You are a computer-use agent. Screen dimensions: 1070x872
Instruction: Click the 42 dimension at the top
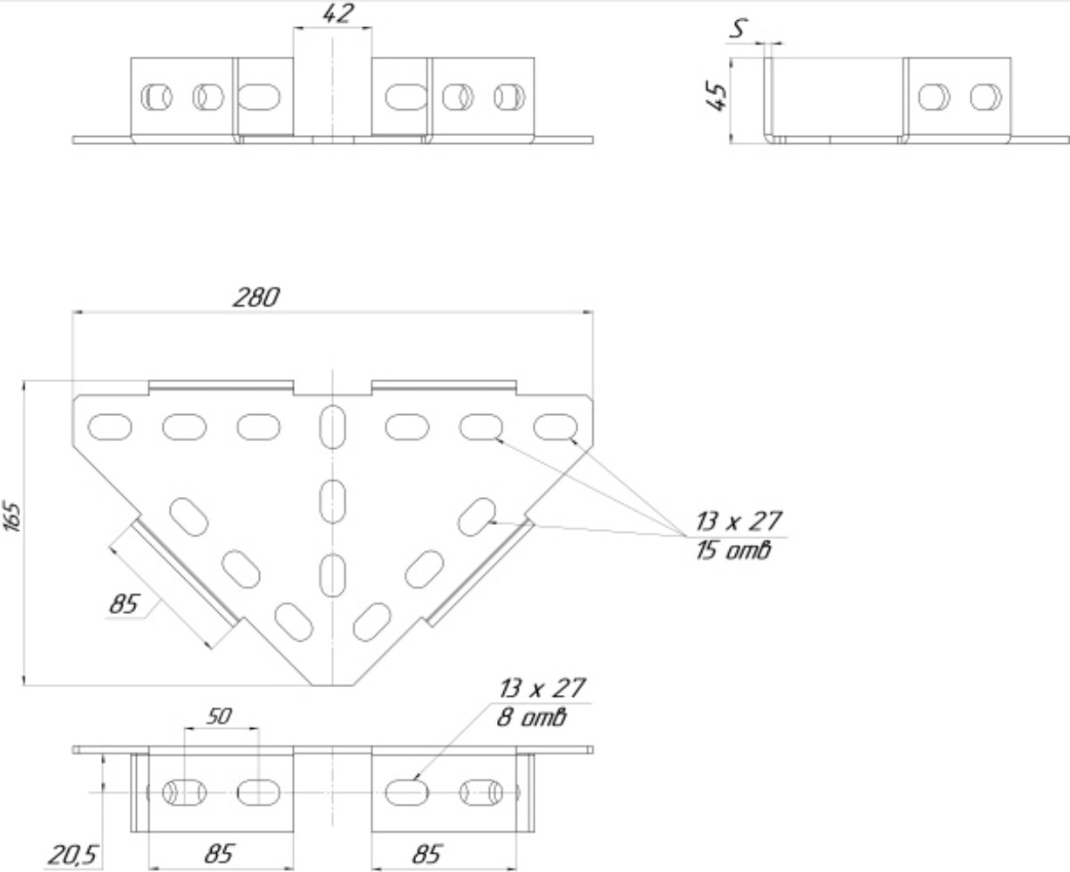pyautogui.click(x=337, y=14)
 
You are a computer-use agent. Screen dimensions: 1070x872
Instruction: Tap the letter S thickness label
pyautogui.click(x=738, y=28)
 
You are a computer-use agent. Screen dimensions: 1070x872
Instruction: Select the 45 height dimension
pyautogui.click(x=716, y=97)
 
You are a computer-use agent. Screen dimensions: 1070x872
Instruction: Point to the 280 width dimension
pyautogui.click(x=256, y=297)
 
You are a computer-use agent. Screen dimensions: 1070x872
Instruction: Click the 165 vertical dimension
pyautogui.click(x=12, y=516)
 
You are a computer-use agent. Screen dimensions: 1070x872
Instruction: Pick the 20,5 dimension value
pyautogui.click(x=73, y=855)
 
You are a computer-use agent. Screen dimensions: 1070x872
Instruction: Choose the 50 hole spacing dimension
pyautogui.click(x=220, y=716)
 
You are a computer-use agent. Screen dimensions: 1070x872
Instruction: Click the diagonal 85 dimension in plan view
pyautogui.click(x=124, y=604)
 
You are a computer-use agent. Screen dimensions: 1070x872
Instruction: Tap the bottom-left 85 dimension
pyautogui.click(x=220, y=854)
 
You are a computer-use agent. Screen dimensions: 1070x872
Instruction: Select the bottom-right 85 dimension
pyautogui.click(x=427, y=854)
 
